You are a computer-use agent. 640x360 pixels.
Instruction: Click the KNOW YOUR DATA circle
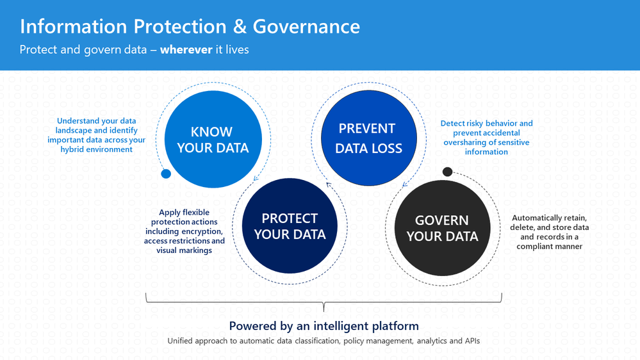(x=213, y=139)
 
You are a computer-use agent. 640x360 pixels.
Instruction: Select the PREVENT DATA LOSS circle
(x=368, y=138)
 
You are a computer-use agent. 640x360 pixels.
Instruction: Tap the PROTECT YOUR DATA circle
(x=290, y=225)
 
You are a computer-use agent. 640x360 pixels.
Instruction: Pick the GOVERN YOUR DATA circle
(x=443, y=228)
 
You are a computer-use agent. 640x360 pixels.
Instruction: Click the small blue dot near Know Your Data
(x=166, y=174)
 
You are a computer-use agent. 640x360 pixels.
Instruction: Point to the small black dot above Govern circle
(x=447, y=172)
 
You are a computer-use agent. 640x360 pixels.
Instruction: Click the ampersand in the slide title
(x=240, y=26)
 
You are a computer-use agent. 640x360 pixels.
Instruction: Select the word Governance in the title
(x=306, y=26)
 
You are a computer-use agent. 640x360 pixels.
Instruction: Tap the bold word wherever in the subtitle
(x=186, y=50)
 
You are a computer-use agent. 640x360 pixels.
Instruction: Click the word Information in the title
(x=74, y=26)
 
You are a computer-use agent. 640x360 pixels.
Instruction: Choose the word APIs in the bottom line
(x=472, y=341)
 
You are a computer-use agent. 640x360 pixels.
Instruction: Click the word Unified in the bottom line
(x=179, y=341)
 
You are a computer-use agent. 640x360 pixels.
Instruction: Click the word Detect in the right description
(x=452, y=123)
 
